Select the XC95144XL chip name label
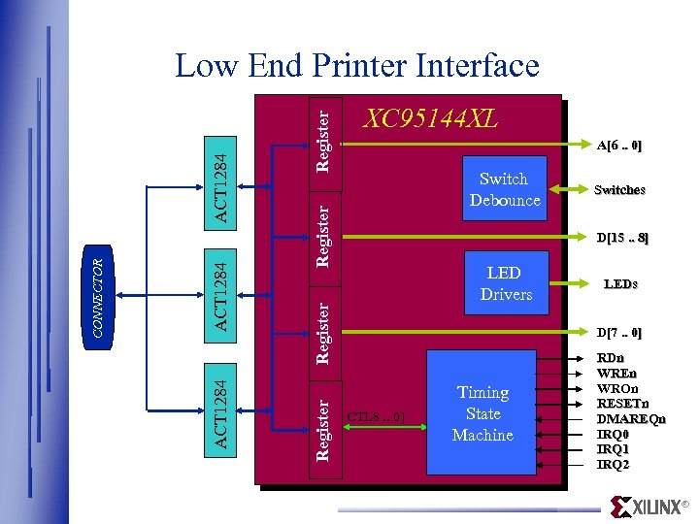[x=429, y=118]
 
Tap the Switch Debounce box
[x=504, y=189]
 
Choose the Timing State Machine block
[x=483, y=413]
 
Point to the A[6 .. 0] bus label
[x=618, y=147]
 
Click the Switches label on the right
[x=619, y=190]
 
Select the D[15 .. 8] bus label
[x=622, y=238]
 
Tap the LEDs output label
[x=620, y=284]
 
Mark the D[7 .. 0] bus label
[x=618, y=333]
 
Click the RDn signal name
[x=611, y=358]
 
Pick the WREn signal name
[x=616, y=373]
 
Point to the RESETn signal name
[x=622, y=404]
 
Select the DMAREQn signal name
[x=631, y=419]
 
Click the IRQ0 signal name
[x=614, y=434]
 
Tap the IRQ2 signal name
[x=614, y=465]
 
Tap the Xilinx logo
[x=649, y=507]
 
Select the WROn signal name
[x=617, y=388]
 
